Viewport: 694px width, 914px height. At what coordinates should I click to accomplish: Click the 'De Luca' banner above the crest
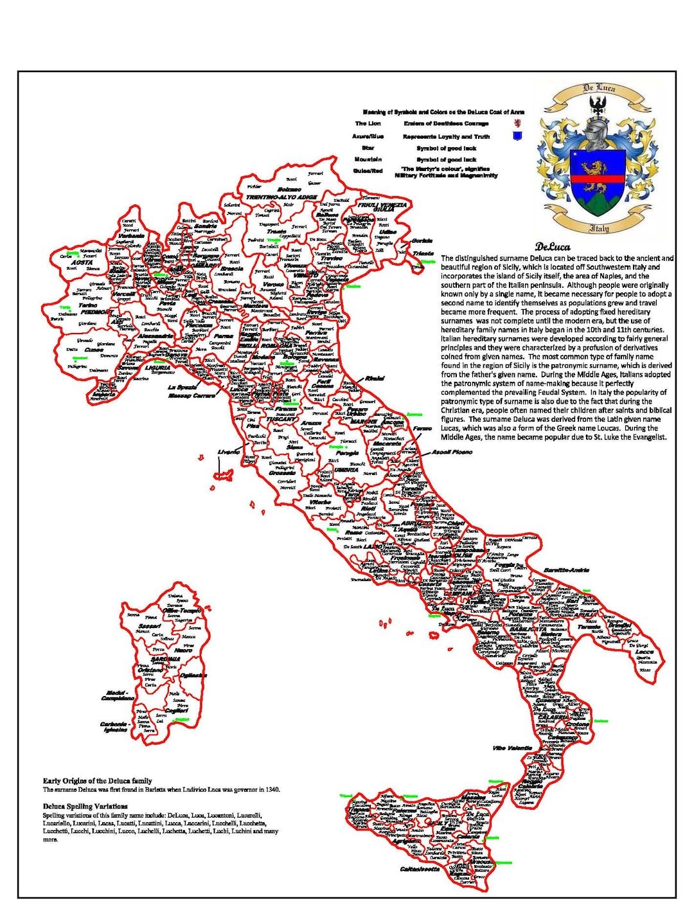point(599,89)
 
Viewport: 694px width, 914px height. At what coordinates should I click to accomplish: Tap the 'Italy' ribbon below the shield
point(599,228)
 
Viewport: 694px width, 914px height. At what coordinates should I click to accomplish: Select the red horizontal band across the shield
point(598,179)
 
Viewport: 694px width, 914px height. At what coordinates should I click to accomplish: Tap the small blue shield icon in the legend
point(517,136)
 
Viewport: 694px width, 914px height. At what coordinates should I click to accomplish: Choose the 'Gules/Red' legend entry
point(368,171)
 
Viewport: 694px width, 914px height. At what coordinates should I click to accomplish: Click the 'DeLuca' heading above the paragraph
point(553,246)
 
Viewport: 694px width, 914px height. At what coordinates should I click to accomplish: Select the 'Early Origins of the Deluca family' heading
point(97,781)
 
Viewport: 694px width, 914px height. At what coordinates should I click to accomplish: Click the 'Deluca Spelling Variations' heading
point(85,806)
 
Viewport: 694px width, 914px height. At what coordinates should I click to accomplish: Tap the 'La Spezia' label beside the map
point(182,388)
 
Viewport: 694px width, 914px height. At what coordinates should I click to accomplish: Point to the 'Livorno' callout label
point(229,452)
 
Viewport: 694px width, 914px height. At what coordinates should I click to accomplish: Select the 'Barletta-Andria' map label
point(567,570)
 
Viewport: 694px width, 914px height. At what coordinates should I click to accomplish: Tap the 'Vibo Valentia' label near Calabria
point(512,748)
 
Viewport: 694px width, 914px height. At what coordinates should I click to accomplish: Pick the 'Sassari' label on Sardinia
point(150,625)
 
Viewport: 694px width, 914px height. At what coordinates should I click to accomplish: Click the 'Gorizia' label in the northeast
point(422,242)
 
